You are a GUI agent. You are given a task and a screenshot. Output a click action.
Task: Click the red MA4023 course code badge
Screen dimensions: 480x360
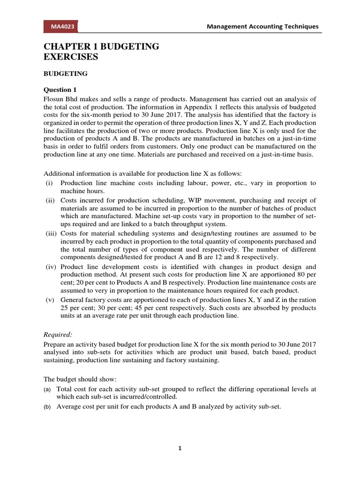click(x=60, y=27)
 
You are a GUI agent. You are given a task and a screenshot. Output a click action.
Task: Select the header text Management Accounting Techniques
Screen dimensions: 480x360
click(x=262, y=27)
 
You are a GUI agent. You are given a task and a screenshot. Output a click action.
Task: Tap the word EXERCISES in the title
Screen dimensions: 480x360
click(x=71, y=57)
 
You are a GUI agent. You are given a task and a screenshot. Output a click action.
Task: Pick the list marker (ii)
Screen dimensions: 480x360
click(x=50, y=200)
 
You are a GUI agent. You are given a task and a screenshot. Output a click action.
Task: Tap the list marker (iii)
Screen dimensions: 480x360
click(x=50, y=233)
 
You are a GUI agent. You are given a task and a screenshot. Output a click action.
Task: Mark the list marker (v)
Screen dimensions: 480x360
click(x=49, y=300)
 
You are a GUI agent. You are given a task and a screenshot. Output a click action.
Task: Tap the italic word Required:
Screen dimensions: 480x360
click(x=58, y=334)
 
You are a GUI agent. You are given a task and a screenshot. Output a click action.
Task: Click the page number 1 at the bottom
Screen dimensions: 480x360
click(x=180, y=448)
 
